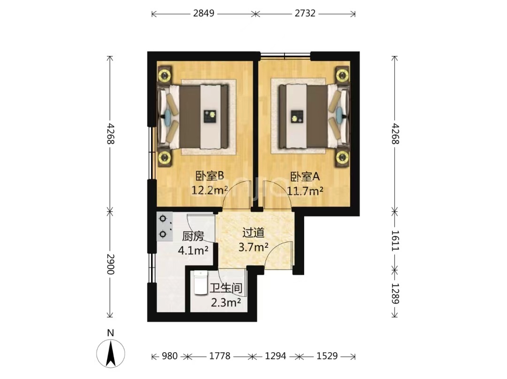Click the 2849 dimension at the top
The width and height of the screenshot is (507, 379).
(204, 13)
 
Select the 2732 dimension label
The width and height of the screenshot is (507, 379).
(305, 13)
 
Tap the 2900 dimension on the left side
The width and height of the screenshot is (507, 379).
(111, 264)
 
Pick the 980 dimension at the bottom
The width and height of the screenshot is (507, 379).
(170, 356)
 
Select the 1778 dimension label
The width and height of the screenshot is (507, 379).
(220, 356)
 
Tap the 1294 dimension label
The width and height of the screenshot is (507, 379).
(276, 356)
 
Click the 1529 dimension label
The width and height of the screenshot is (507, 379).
(327, 356)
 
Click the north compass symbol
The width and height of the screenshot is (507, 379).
(111, 354)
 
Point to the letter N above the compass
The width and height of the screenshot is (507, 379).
(111, 333)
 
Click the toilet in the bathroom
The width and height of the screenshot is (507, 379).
(200, 283)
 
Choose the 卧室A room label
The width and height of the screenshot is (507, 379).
(305, 177)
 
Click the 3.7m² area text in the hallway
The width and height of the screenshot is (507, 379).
(253, 247)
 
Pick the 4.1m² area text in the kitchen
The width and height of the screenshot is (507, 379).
(193, 250)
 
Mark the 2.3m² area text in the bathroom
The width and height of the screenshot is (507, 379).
(226, 302)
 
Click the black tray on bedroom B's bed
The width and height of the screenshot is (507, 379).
(210, 116)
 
